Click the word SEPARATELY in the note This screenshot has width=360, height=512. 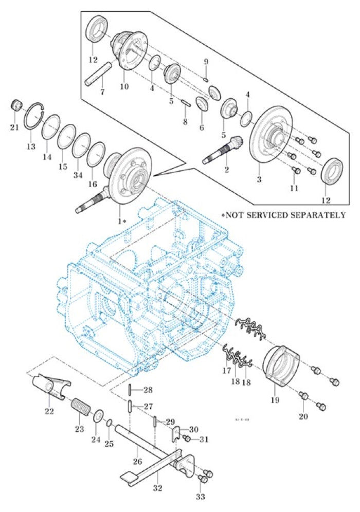319,215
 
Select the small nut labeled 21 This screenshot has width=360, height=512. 17,106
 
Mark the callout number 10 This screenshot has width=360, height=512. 124,87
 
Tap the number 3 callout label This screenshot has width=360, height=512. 259,180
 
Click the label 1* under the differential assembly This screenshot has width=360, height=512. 122,221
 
